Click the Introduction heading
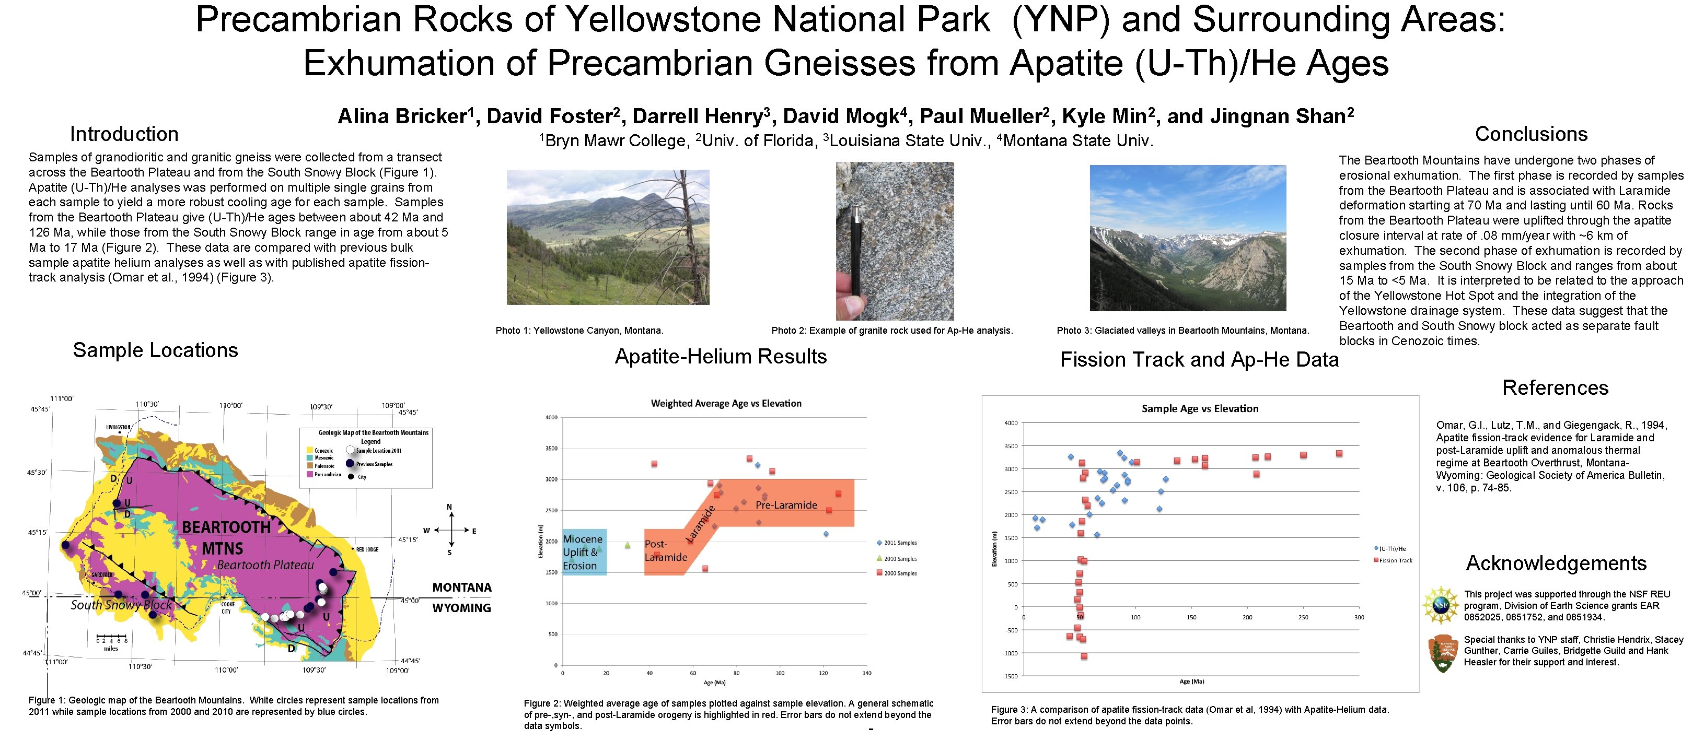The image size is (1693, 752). click(x=124, y=134)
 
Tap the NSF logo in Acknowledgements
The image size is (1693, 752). click(x=1441, y=604)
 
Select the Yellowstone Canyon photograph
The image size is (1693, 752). click(x=607, y=237)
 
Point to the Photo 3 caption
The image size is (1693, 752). click(x=1182, y=331)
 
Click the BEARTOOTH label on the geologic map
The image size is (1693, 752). click(x=226, y=527)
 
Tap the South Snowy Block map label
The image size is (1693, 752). click(x=121, y=605)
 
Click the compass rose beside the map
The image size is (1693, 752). click(x=451, y=530)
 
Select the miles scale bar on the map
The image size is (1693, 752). click(x=111, y=641)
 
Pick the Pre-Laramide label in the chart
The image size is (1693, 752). click(x=786, y=505)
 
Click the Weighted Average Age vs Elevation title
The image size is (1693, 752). click(x=726, y=403)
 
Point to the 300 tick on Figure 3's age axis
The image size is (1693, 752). click(x=1359, y=617)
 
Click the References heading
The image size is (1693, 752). click(x=1555, y=387)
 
